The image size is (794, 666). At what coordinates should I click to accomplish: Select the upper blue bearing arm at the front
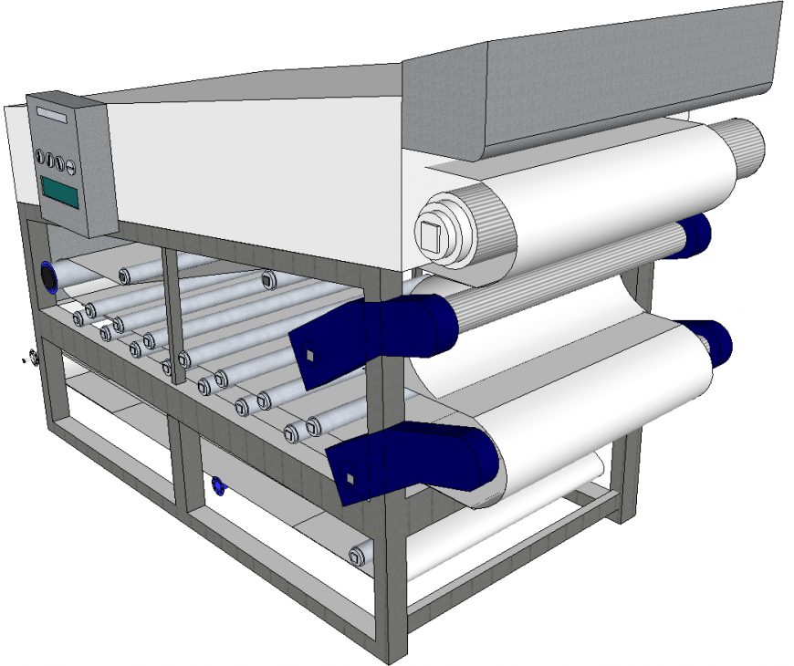tap(374, 329)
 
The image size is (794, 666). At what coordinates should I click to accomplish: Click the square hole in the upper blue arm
tap(310, 355)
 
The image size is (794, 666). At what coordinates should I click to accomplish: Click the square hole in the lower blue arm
tap(349, 478)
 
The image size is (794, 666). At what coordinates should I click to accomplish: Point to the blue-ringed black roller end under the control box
tap(48, 276)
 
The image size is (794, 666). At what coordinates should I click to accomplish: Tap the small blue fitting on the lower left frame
tap(218, 484)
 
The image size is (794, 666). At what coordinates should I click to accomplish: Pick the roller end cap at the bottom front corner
tap(357, 553)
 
